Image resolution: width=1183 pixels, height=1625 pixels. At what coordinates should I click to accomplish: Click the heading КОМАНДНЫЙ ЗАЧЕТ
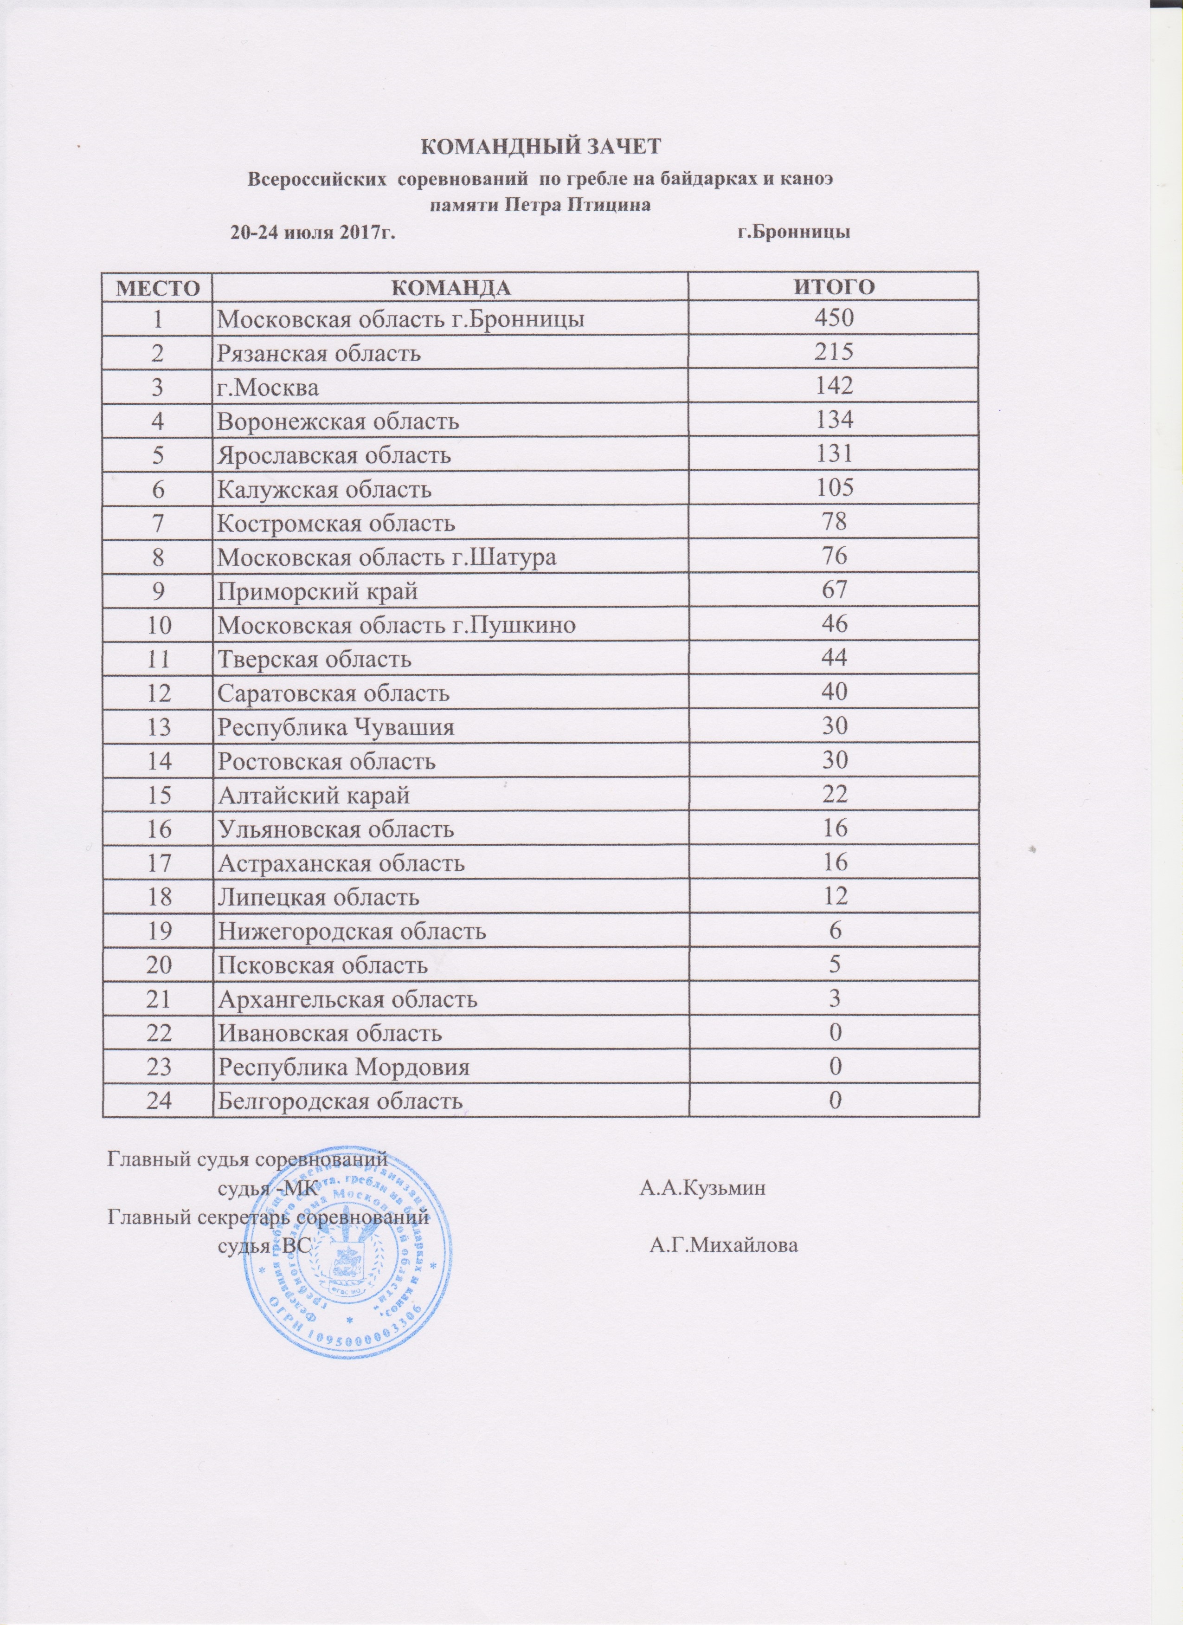click(x=537, y=146)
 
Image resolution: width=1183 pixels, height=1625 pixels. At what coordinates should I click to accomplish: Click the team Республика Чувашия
click(x=336, y=728)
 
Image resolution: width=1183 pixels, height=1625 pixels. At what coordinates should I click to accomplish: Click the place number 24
click(x=158, y=1101)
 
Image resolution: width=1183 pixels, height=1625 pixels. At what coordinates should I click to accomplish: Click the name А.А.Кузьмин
click(x=702, y=1189)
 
